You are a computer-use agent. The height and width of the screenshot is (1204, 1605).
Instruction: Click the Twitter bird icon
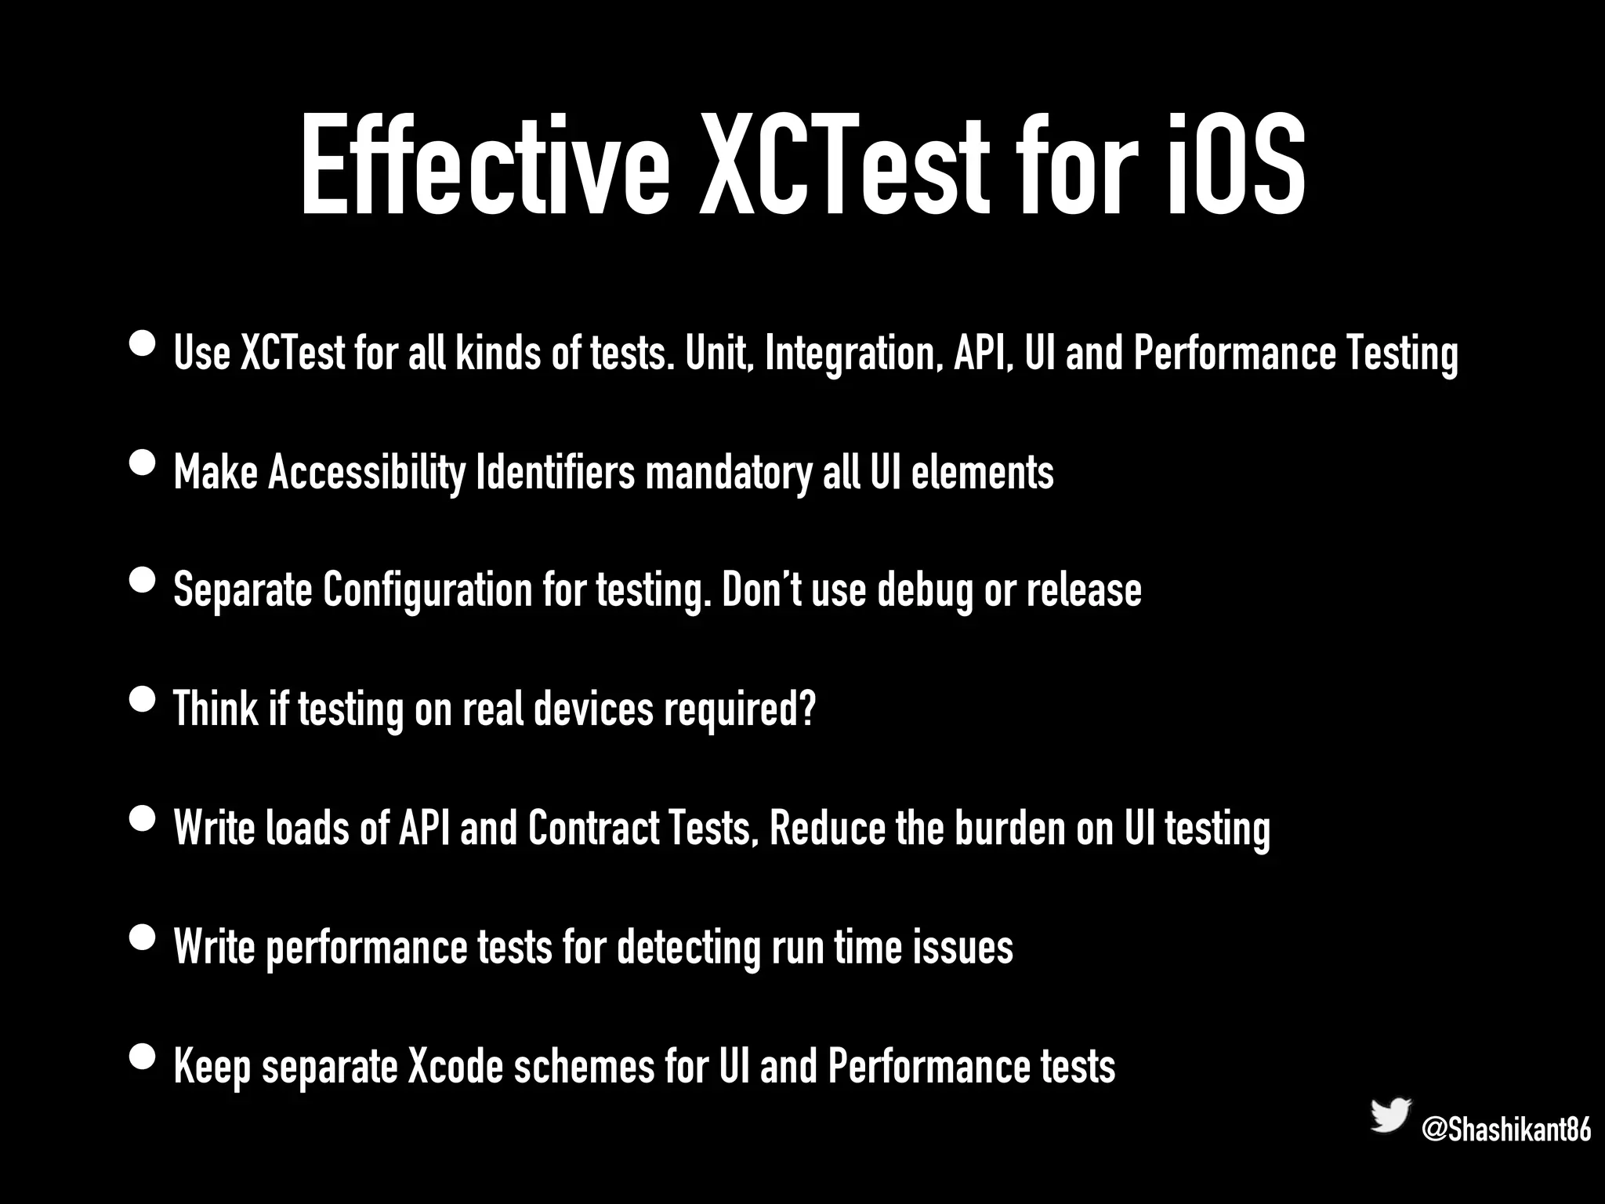point(1390,1115)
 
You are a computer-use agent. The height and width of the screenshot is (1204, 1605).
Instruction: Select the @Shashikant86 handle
point(1506,1130)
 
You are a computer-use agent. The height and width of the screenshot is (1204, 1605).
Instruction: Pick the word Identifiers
point(556,473)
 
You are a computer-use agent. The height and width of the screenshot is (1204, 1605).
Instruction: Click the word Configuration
point(428,590)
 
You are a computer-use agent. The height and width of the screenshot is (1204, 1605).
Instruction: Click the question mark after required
point(808,709)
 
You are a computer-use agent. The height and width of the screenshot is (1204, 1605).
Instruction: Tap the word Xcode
point(455,1066)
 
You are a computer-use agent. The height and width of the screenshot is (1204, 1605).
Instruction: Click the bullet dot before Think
point(142,699)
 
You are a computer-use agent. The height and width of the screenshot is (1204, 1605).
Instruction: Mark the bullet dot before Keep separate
point(142,1057)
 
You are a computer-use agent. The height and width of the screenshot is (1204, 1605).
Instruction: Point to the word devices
point(593,709)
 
